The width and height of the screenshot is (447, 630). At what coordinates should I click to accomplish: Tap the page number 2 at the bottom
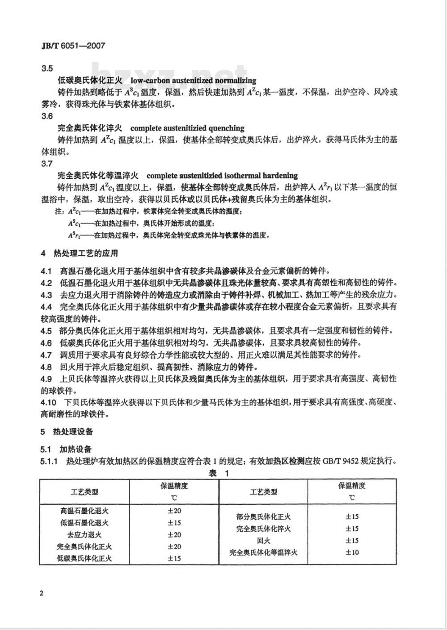click(x=42, y=593)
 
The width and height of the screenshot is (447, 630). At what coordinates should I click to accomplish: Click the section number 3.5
click(x=47, y=68)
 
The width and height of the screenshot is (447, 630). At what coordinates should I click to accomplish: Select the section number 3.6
click(x=47, y=116)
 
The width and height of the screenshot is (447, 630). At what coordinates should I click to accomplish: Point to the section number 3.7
click(x=47, y=164)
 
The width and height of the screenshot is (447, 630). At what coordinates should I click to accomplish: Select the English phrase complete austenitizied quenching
click(x=194, y=128)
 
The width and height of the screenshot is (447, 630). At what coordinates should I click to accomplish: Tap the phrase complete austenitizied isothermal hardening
click(x=222, y=176)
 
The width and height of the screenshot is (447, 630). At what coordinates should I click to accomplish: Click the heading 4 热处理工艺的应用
click(x=80, y=254)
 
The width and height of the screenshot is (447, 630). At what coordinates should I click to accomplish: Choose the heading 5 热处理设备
click(x=67, y=431)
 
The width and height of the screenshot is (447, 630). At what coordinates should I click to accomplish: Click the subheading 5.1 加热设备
click(x=66, y=449)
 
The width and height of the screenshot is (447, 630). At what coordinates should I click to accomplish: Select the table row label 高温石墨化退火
click(x=84, y=511)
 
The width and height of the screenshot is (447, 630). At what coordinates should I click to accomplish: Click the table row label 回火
click(x=263, y=541)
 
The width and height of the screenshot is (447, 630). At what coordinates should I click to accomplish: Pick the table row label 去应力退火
click(x=84, y=535)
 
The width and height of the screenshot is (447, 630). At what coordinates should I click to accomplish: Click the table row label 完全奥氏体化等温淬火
click(x=263, y=553)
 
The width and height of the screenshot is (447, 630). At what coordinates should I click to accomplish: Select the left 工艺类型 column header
click(x=84, y=492)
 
